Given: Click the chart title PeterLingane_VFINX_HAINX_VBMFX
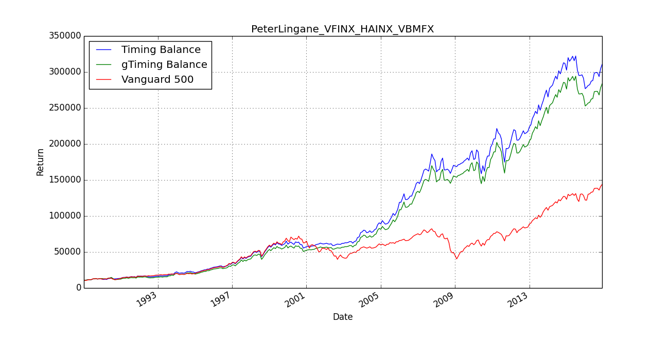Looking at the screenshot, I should (342, 29).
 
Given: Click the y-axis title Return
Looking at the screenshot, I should (40, 162).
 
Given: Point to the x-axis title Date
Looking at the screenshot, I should (343, 317).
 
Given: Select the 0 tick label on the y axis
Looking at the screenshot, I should (79, 288).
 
